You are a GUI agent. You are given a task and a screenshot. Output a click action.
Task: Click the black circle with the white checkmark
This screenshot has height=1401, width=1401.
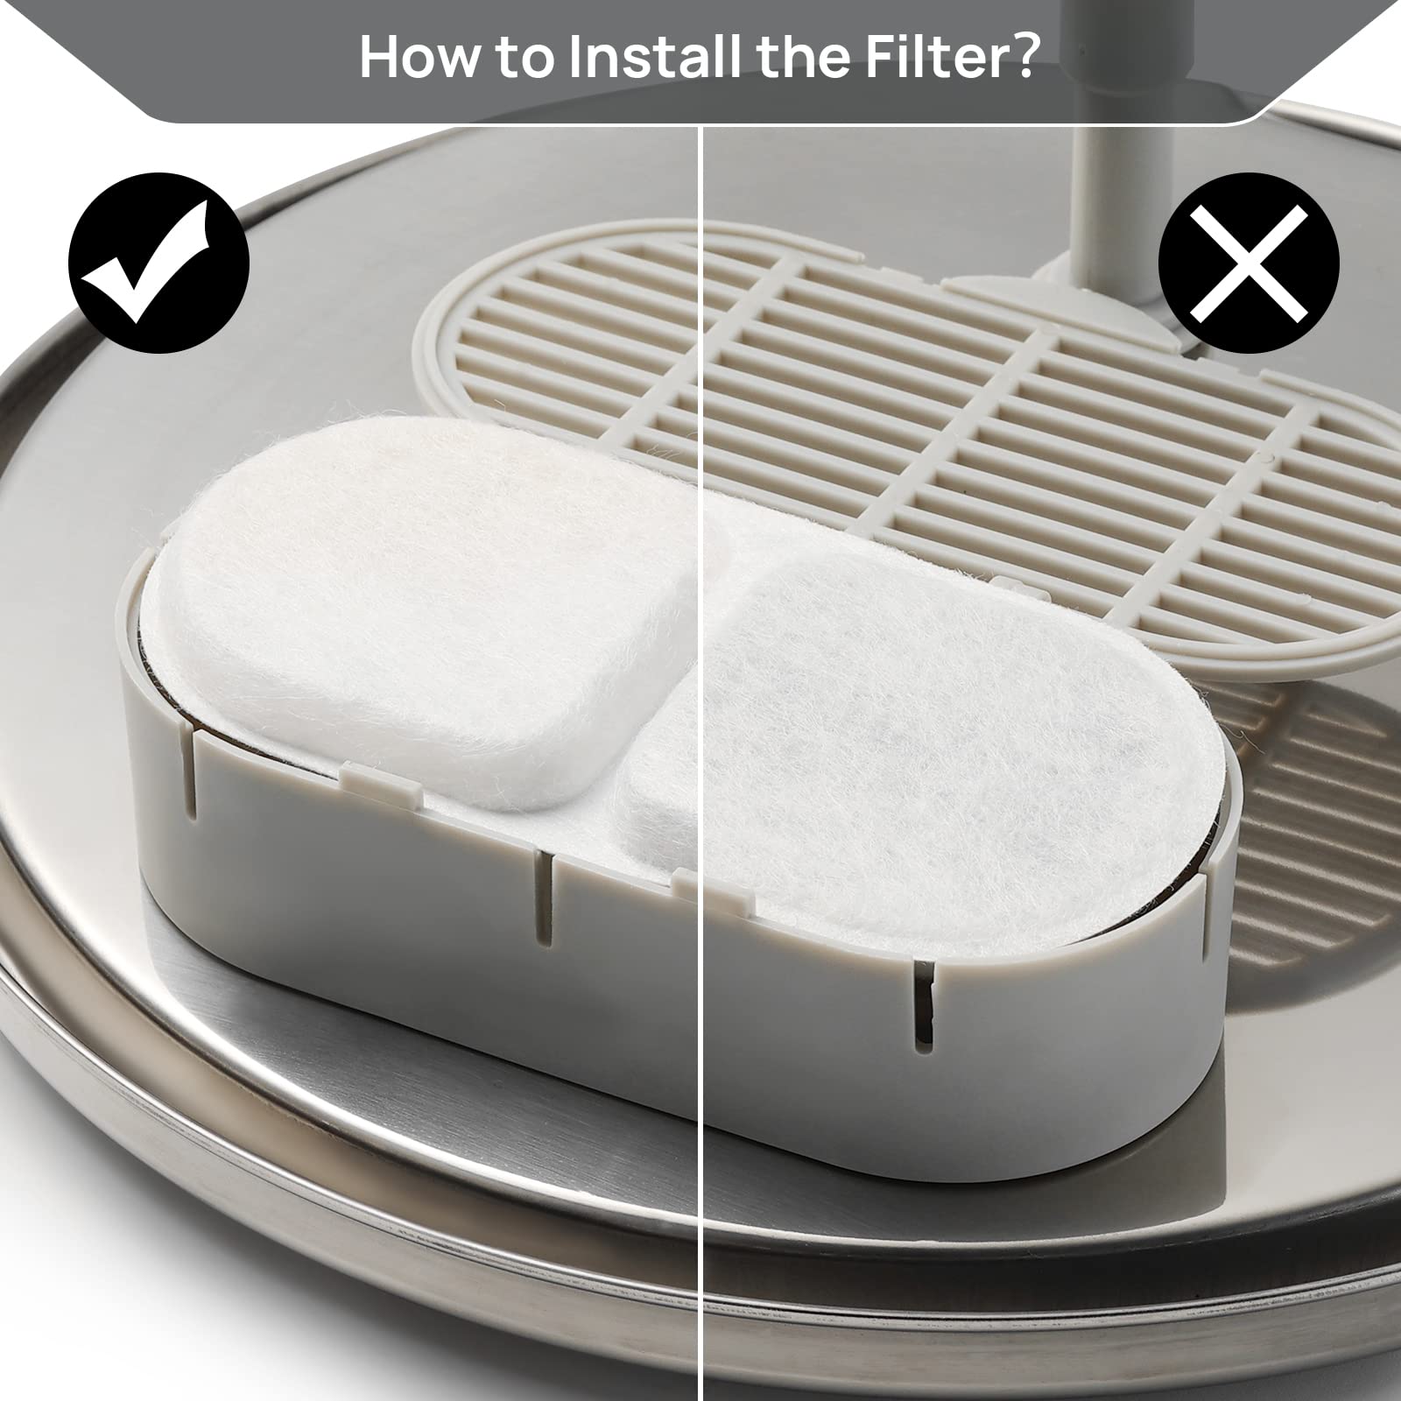coord(158,263)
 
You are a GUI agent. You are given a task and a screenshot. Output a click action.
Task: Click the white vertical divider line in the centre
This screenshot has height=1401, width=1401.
coord(700,762)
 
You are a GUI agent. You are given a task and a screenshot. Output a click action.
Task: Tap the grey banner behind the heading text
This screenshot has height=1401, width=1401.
coord(700,61)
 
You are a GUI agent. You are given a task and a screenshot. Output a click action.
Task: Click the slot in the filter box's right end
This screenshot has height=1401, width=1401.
coord(922,997)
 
